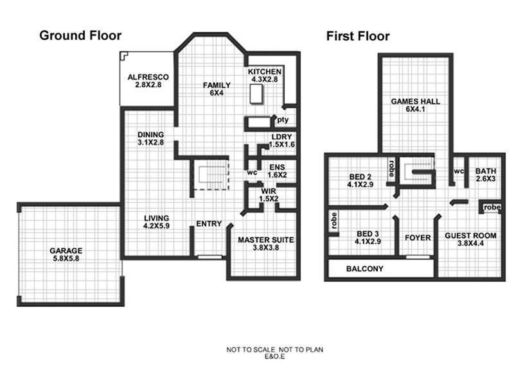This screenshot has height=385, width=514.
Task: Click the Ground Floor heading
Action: pos(80,35)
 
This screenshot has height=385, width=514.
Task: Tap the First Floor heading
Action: pos(358,36)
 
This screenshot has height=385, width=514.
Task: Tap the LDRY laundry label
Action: pos(282,141)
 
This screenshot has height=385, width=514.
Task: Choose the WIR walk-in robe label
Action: pos(269,195)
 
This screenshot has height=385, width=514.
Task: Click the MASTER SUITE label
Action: pos(265,244)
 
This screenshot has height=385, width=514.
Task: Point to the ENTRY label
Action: pos(209,224)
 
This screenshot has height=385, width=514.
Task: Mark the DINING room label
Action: pos(151,139)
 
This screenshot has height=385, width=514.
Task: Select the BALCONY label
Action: pos(364,269)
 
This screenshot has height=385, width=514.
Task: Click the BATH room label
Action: pos(485,175)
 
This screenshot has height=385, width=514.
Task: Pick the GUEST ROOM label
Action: pos(470,240)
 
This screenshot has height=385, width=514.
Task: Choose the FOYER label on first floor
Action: pos(418,238)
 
